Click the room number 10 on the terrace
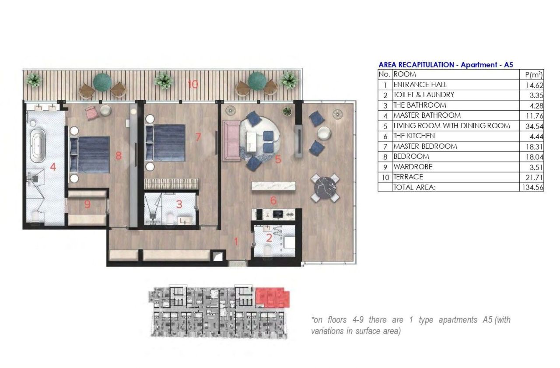[x=193, y=84]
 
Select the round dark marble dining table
[x=325, y=188]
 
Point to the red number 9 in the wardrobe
[x=87, y=204]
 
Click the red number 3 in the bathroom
[x=178, y=203]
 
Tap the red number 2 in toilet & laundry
[x=269, y=238]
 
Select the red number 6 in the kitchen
[x=273, y=201]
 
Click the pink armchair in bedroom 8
[x=91, y=112]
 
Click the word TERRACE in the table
[x=408, y=177]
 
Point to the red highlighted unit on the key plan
[x=272, y=297]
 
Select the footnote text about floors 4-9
[x=410, y=325]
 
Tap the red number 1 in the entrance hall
[x=236, y=241]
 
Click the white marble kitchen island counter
[x=273, y=186]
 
